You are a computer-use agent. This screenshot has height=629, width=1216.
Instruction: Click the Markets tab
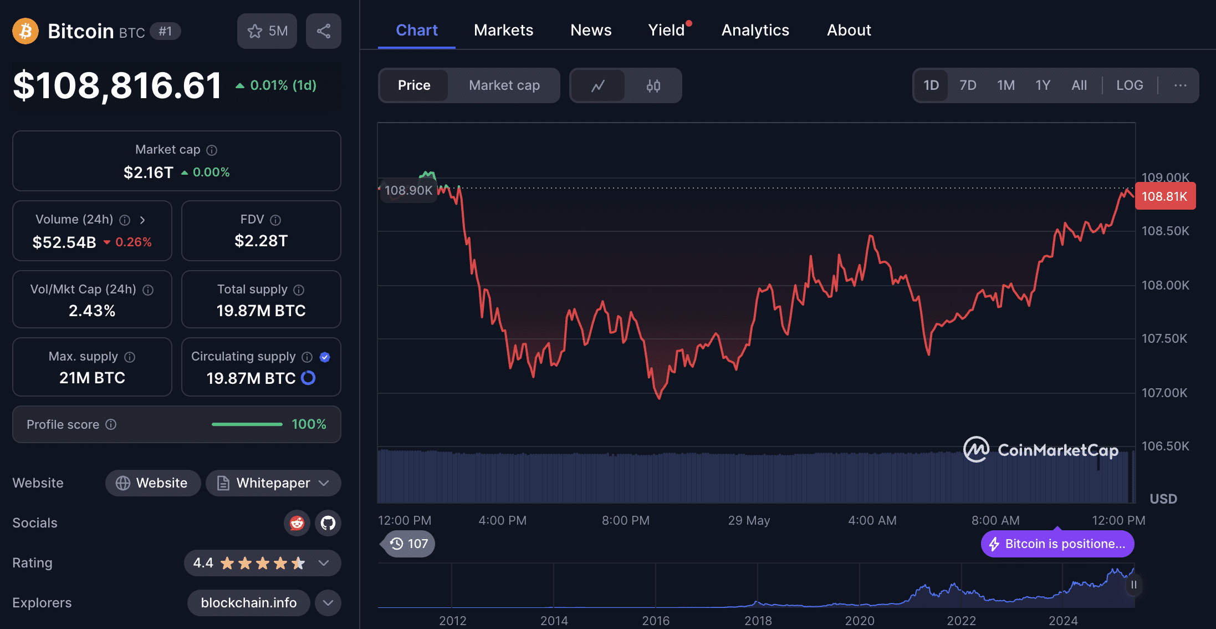click(x=503, y=30)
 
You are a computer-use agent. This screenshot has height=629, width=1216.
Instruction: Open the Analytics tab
click(x=755, y=30)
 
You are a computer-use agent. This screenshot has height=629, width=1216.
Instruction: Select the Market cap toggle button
click(x=504, y=85)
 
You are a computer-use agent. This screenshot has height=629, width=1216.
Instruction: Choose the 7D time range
click(x=968, y=85)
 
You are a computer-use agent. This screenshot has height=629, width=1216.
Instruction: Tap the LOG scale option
click(x=1130, y=85)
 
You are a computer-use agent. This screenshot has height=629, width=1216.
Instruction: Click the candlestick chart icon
click(x=653, y=85)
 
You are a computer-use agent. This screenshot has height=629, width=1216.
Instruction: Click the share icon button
click(x=324, y=31)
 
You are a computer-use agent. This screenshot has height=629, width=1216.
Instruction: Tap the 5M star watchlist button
click(x=267, y=31)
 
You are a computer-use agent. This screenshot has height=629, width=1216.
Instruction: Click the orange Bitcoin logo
click(x=25, y=31)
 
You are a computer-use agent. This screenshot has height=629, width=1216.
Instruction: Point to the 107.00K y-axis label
click(x=1164, y=393)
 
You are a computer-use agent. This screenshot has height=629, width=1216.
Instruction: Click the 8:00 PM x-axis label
click(x=626, y=520)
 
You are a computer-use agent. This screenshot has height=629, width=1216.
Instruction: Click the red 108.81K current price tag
click(x=1165, y=196)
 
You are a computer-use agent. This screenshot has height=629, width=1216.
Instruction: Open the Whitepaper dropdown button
click(x=273, y=483)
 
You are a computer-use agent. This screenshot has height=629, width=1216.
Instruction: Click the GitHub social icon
click(x=328, y=523)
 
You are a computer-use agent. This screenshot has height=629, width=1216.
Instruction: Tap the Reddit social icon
click(x=297, y=523)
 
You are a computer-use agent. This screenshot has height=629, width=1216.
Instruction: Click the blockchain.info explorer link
click(x=248, y=603)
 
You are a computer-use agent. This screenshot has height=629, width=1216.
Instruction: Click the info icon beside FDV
click(x=275, y=220)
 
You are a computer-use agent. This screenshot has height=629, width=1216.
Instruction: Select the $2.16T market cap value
click(x=149, y=173)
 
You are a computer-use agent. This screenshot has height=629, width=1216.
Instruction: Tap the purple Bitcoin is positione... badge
click(x=1057, y=544)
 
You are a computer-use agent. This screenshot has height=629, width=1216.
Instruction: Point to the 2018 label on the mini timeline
click(x=758, y=621)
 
